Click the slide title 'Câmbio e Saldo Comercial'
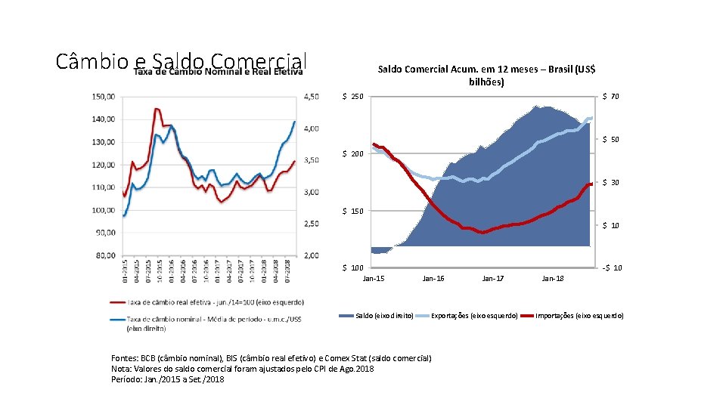click(181, 60)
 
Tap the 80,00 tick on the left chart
click(104, 255)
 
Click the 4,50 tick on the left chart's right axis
click(312, 97)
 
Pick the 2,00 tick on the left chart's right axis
click(312, 255)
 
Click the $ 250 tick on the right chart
click(352, 97)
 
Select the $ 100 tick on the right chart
click(352, 268)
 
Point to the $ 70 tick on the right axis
click(610, 97)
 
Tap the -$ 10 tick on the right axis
click(611, 268)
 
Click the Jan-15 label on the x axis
click(374, 279)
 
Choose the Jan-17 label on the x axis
click(493, 279)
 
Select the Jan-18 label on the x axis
click(553, 279)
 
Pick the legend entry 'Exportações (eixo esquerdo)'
click(474, 316)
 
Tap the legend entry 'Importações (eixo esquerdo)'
click(579, 316)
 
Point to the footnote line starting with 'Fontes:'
click(271, 358)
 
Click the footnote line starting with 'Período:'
click(167, 379)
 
